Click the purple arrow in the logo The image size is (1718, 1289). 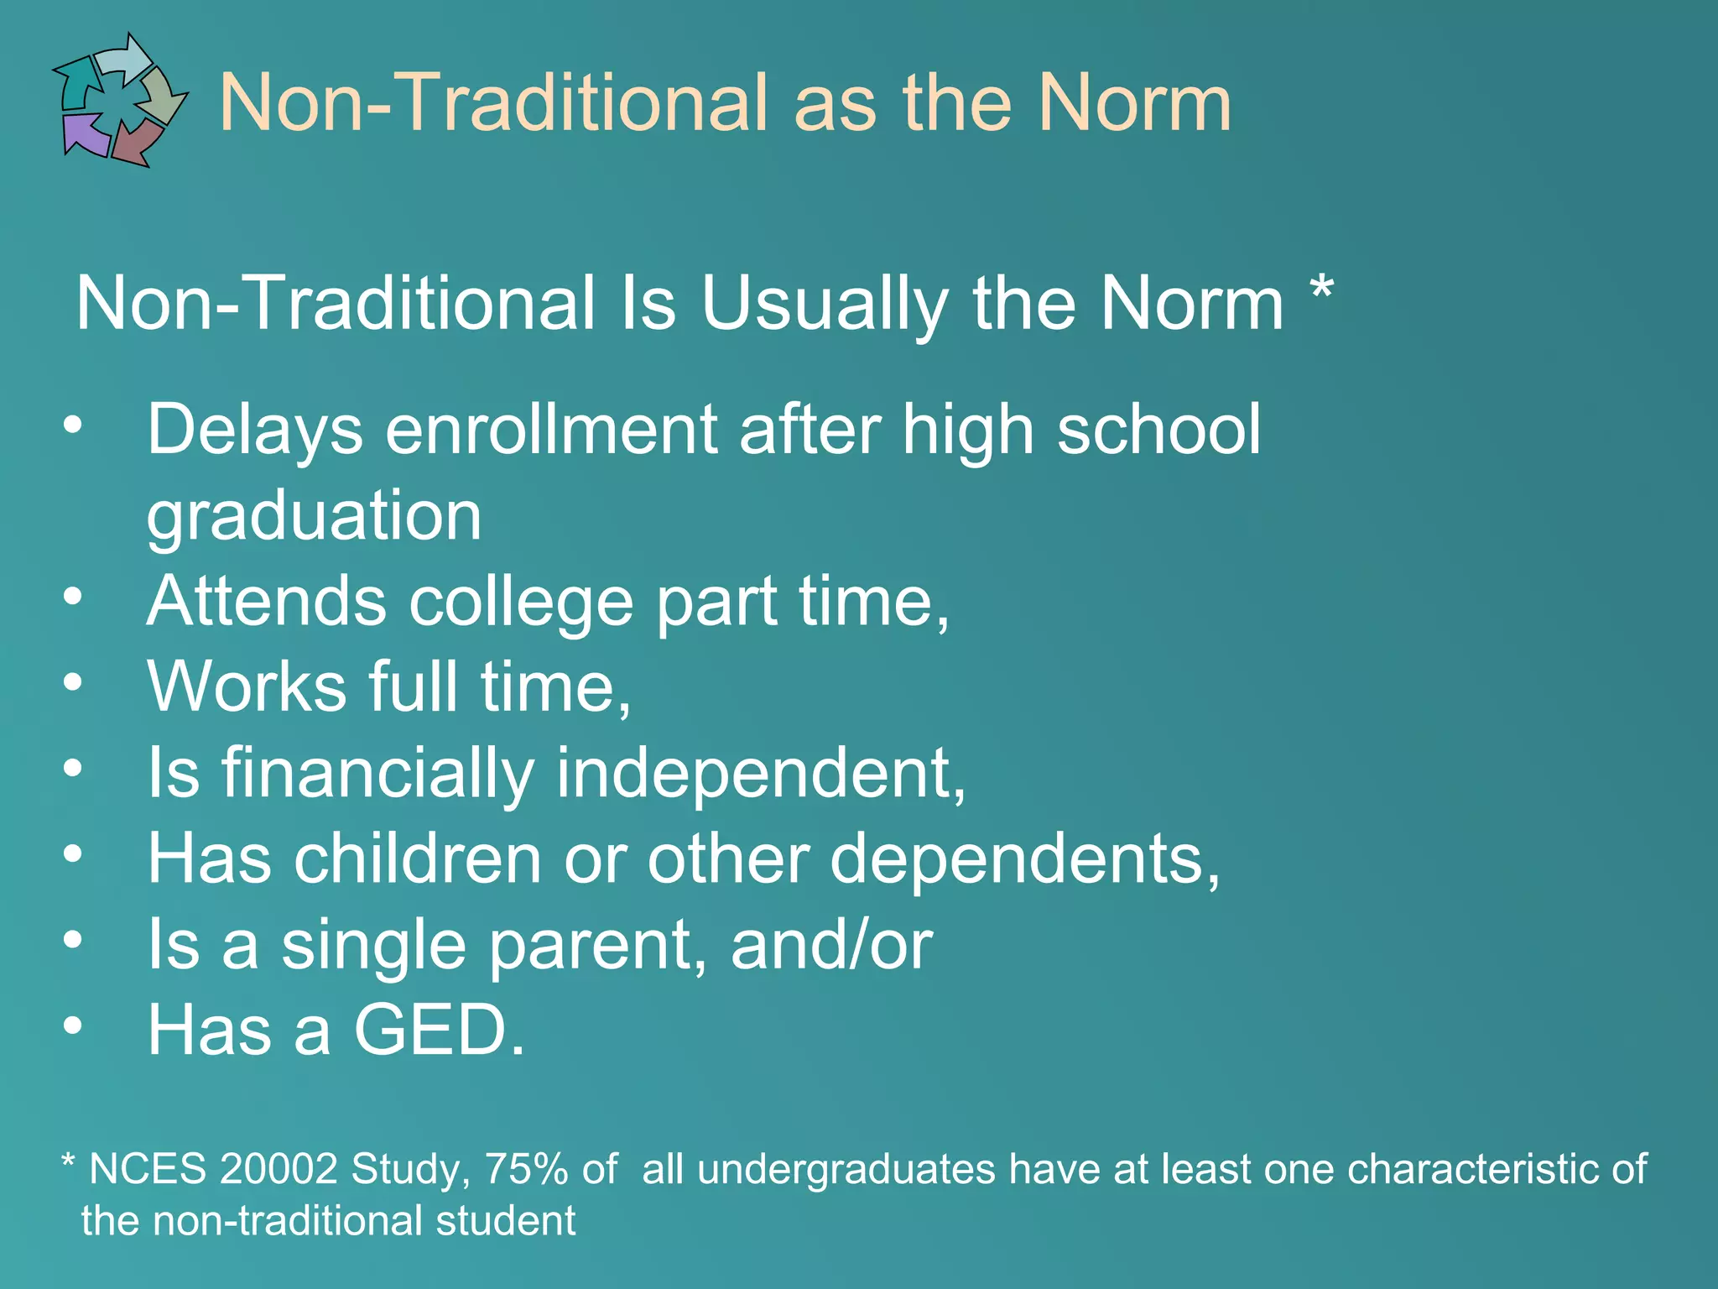pyautogui.click(x=85, y=135)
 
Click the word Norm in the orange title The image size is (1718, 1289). pyautogui.click(x=1134, y=103)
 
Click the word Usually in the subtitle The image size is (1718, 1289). pyautogui.click(x=824, y=304)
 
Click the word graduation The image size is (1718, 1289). pyautogui.click(x=315, y=516)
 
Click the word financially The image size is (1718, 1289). pyautogui.click(x=377, y=773)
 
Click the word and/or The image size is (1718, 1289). pyautogui.click(x=831, y=945)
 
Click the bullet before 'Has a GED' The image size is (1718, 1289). pyautogui.click(x=73, y=1025)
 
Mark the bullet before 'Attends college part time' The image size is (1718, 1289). pyautogui.click(x=73, y=597)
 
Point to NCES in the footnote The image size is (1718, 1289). pyautogui.click(x=148, y=1169)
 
